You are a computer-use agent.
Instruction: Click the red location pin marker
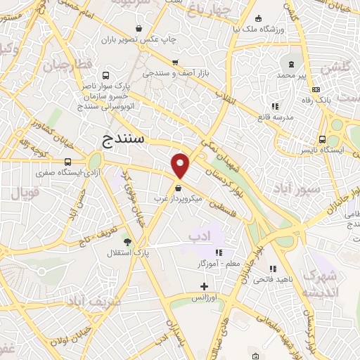181,165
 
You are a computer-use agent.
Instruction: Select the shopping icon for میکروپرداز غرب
178,188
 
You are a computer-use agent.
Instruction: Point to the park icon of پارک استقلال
127,241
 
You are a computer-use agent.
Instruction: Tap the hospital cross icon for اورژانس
204,286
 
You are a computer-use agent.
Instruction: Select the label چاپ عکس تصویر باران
138,39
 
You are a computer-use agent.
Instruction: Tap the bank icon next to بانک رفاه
316,89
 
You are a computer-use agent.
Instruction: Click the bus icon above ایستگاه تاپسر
322,139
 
